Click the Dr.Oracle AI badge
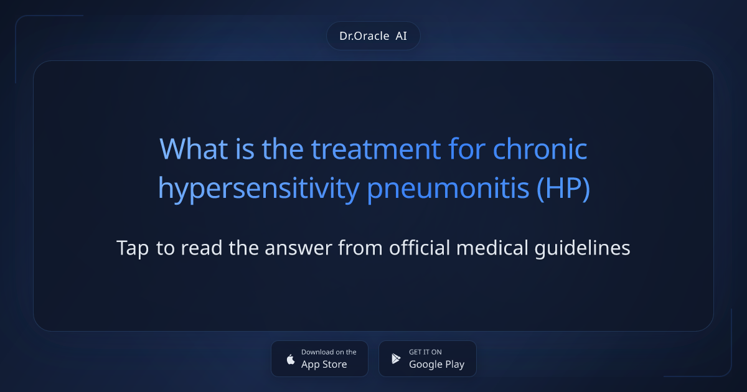pyautogui.click(x=374, y=36)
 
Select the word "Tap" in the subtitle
pyautogui.click(x=133, y=248)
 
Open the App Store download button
pyautogui.click(x=319, y=358)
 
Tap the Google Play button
pyautogui.click(x=428, y=358)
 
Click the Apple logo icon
pyautogui.click(x=290, y=358)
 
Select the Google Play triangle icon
pyautogui.click(x=396, y=358)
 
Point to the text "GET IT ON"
pyautogui.click(x=425, y=352)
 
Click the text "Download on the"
pyautogui.click(x=329, y=352)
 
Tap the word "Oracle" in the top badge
pyautogui.click(x=374, y=36)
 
